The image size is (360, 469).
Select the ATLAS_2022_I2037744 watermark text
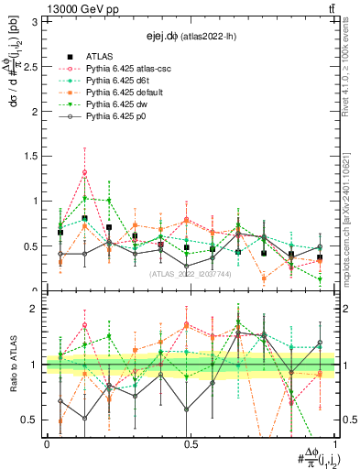click(191, 273)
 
